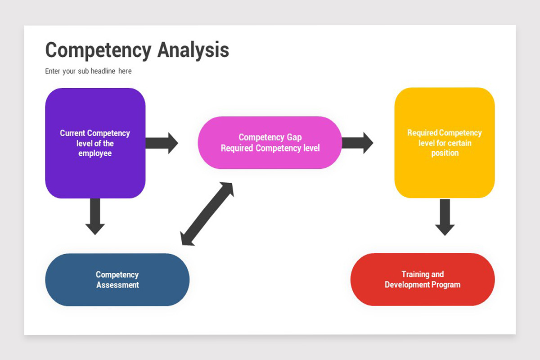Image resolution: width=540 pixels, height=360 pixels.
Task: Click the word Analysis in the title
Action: pyautogui.click(x=193, y=50)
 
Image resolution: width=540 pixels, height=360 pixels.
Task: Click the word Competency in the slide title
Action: pyautogui.click(x=99, y=50)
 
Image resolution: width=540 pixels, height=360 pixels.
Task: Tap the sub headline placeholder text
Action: pyautogui.click(x=88, y=71)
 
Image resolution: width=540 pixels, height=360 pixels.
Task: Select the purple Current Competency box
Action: pyautogui.click(x=95, y=143)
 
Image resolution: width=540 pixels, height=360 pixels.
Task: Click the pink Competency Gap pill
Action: pyautogui.click(x=270, y=143)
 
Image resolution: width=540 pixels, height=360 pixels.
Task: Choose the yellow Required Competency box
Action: pyautogui.click(x=445, y=143)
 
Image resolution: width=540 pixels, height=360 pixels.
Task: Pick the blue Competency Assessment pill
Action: pyautogui.click(x=117, y=280)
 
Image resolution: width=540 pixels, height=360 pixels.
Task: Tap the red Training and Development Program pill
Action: pyautogui.click(x=423, y=279)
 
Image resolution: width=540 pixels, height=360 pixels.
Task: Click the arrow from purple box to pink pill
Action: pyautogui.click(x=162, y=143)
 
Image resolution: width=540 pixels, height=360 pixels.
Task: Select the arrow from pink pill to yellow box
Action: pyautogui.click(x=357, y=143)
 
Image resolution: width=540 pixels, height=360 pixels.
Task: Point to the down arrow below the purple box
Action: pyautogui.click(x=95, y=216)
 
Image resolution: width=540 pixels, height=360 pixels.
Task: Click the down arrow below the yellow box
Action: pyautogui.click(x=445, y=217)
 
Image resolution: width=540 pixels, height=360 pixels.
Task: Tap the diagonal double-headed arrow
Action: pyautogui.click(x=207, y=214)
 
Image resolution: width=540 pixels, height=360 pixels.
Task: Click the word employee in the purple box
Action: pyautogui.click(x=95, y=153)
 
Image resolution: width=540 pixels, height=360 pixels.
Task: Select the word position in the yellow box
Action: pyautogui.click(x=445, y=153)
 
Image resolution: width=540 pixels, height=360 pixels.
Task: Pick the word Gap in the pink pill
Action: pyautogui.click(x=294, y=137)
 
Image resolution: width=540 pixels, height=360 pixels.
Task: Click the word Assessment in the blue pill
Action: pyautogui.click(x=117, y=285)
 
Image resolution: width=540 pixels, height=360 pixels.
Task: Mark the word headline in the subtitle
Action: pyautogui.click(x=103, y=71)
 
